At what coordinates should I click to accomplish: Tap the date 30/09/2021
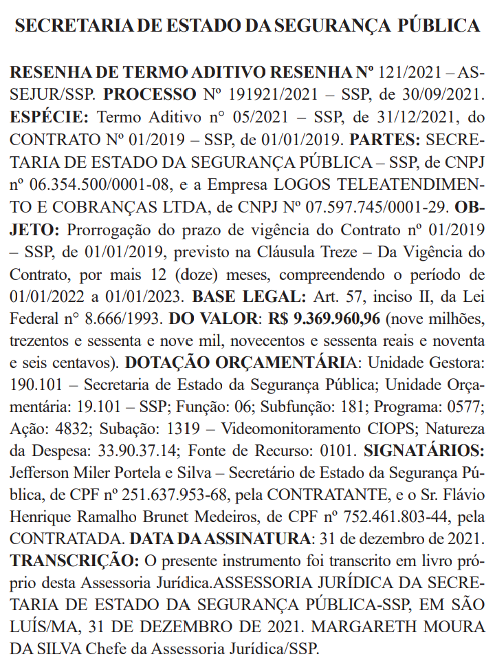point(447,94)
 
